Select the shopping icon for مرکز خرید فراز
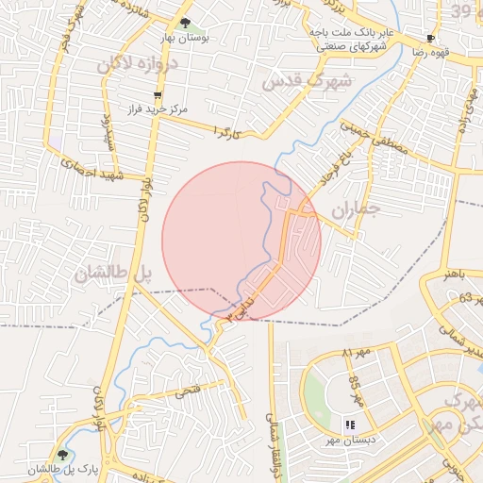pos(157,95)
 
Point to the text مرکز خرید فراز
pos(157,109)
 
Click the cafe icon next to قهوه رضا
pos(430,40)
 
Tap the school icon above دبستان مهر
pos(350,425)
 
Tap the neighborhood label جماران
pos(354,208)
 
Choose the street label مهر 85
pos(355,388)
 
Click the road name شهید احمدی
pos(79,168)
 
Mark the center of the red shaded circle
pos(241,241)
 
